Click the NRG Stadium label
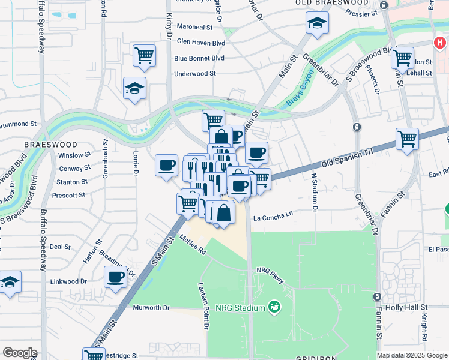point(240,308)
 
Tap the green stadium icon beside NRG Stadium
point(275,307)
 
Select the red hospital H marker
point(440,43)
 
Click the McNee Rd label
point(192,246)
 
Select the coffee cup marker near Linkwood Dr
point(116,277)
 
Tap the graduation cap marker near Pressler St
point(316,23)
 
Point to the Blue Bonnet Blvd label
point(199,58)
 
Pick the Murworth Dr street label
point(151,308)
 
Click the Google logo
point(19,353)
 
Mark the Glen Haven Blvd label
point(200,43)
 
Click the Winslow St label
point(74,155)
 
